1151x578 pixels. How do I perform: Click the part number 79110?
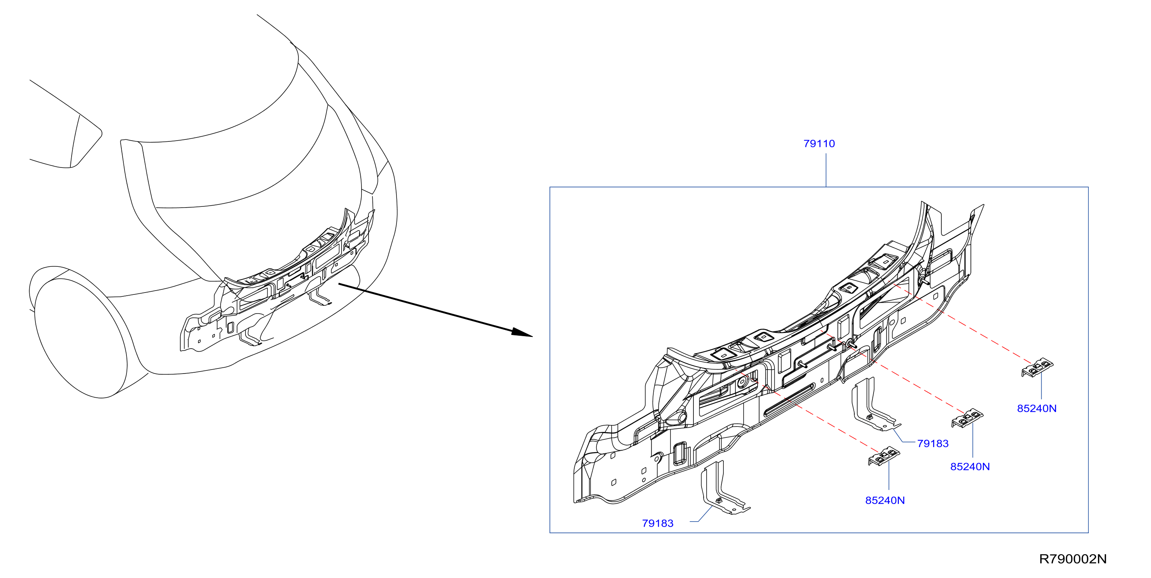pyautogui.click(x=819, y=144)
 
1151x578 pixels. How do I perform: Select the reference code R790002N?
pyautogui.click(x=1072, y=559)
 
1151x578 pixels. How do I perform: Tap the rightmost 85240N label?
pyautogui.click(x=1037, y=409)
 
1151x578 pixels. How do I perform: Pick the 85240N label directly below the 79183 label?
pyautogui.click(x=970, y=467)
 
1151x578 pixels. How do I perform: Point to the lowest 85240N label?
pyautogui.click(x=885, y=500)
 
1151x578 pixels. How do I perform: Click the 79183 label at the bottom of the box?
pyautogui.click(x=657, y=523)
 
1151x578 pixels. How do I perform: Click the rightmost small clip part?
pyautogui.click(x=1037, y=367)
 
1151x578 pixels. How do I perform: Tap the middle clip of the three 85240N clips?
pyautogui.click(x=967, y=418)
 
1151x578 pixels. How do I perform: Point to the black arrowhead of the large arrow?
pyautogui.click(x=521, y=332)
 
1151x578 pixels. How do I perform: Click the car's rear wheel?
pyautogui.click(x=81, y=338)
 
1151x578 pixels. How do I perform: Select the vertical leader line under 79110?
pyautogui.click(x=826, y=170)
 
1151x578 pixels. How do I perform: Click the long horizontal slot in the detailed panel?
pyautogui.click(x=789, y=400)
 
